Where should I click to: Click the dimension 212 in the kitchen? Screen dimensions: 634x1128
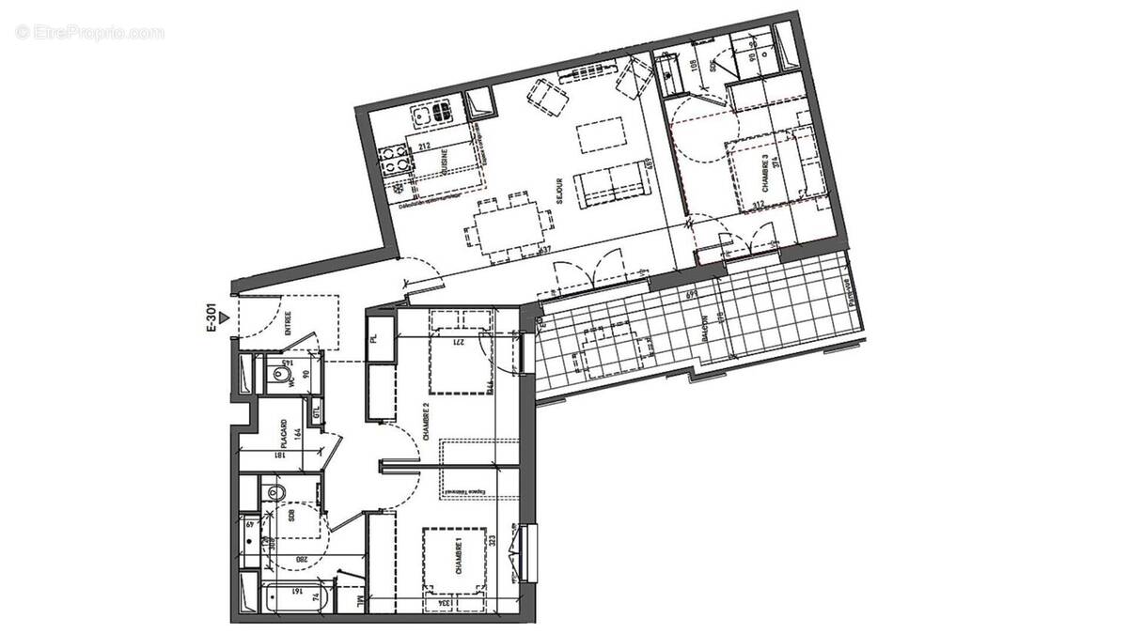(x=423, y=146)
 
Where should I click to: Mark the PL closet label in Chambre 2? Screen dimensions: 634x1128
(x=373, y=336)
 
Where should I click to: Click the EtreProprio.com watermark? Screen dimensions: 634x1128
(x=89, y=32)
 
